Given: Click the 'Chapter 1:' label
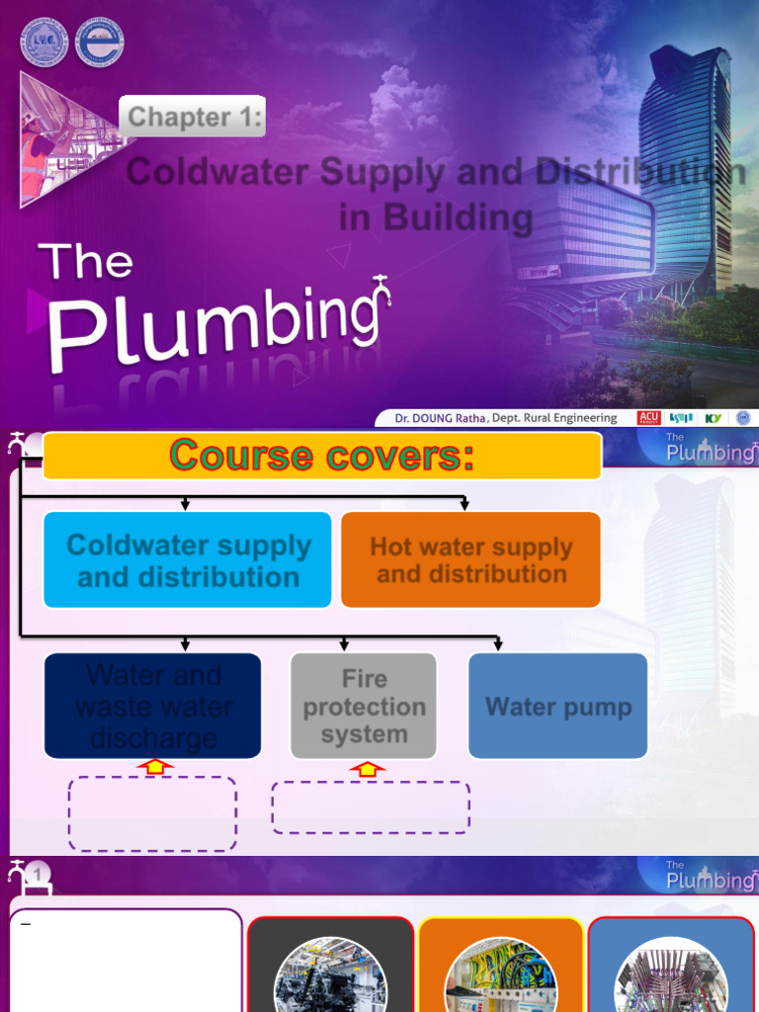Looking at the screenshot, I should [x=195, y=118].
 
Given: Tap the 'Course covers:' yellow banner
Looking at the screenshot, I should [x=322, y=456].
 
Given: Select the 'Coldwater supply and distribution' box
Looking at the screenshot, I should [x=188, y=560].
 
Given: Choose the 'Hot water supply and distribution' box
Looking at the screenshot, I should [x=470, y=560].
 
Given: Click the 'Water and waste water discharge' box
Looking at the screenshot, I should [x=153, y=706].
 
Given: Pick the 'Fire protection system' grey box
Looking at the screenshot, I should [x=364, y=706].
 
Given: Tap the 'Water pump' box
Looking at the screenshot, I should [x=557, y=706].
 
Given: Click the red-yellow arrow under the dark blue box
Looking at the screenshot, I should [x=154, y=767].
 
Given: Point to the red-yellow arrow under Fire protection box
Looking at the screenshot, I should [x=367, y=769].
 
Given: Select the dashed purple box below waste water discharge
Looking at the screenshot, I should [x=152, y=813].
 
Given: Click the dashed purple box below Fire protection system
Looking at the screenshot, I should [x=371, y=807].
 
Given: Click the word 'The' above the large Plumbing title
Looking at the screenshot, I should [x=86, y=262].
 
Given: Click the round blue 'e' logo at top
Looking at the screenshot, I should [x=99, y=42].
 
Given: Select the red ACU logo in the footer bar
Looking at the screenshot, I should [x=649, y=418].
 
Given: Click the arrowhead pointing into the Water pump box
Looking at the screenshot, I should [x=498, y=645].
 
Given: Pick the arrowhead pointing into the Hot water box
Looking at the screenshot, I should [x=464, y=505].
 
